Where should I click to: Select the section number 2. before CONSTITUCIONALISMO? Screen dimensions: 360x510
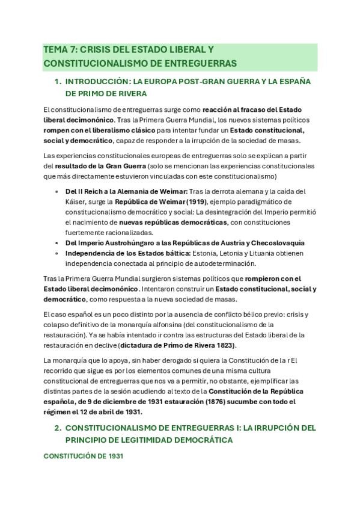click(x=58, y=428)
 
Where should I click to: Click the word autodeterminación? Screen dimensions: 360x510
click(x=222, y=263)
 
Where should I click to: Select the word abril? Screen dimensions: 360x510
click(x=105, y=412)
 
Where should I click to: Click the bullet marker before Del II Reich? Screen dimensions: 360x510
click(x=55, y=191)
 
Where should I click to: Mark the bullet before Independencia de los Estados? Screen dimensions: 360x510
click(x=55, y=253)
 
